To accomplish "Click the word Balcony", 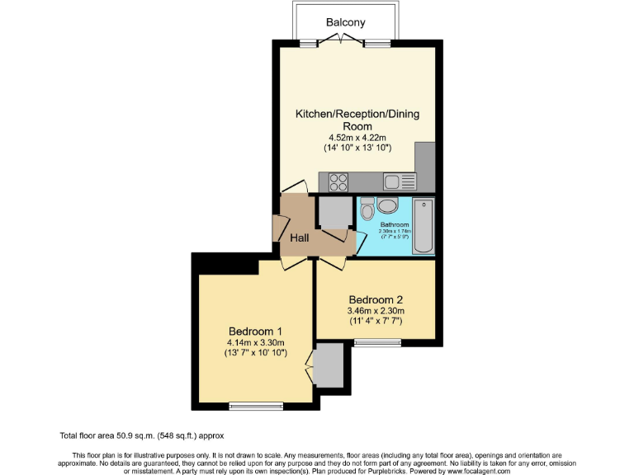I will tap(345, 22).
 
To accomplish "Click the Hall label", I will tap(299, 237).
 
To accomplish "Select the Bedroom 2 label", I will tap(376, 299).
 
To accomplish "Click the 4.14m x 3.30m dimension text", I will tap(255, 342).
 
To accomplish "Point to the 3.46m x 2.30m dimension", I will tap(376, 311).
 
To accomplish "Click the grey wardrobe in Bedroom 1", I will tap(328, 364).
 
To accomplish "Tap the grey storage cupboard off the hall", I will tap(334, 213).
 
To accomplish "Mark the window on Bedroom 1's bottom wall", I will tap(255, 405).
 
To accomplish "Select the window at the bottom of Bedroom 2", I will tap(377, 341).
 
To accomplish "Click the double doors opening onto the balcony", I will tap(345, 42).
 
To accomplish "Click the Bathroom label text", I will tap(395, 224).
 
